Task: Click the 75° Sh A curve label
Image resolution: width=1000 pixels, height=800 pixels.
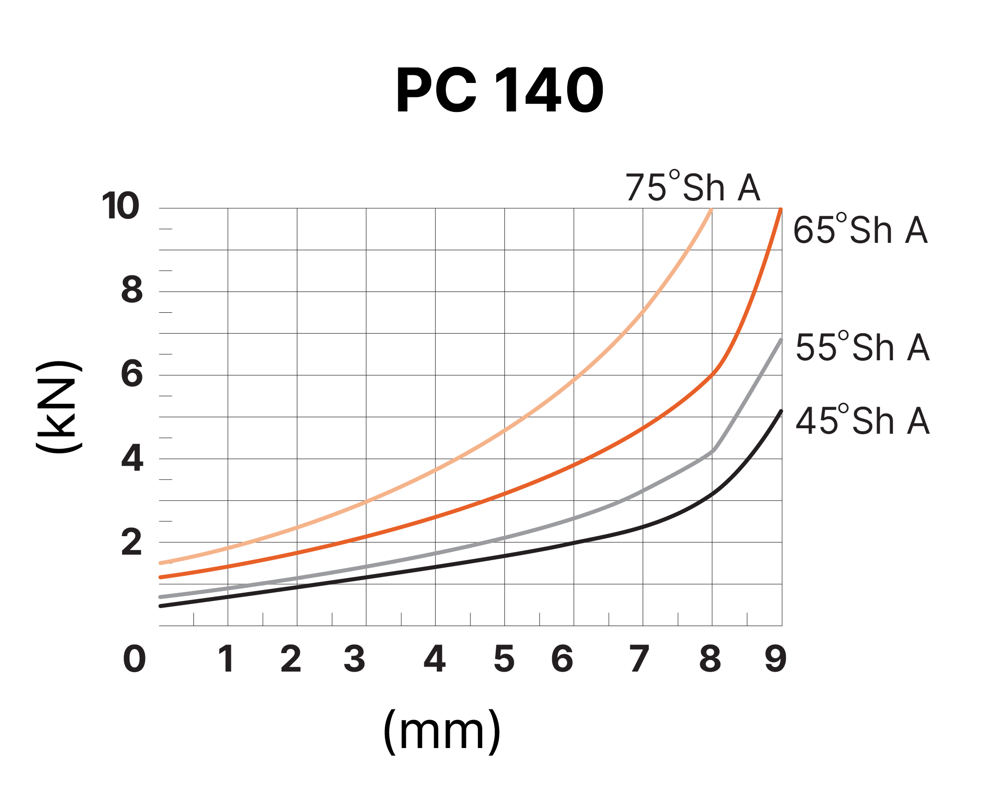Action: tap(692, 187)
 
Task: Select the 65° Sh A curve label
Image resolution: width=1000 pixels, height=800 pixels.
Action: tap(860, 230)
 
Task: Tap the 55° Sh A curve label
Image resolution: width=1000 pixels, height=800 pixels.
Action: tap(862, 347)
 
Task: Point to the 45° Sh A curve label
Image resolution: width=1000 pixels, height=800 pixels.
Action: tap(862, 421)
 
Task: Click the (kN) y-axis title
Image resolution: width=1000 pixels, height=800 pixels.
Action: tap(59, 407)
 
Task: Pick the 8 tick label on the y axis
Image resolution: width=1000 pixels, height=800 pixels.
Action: tap(132, 290)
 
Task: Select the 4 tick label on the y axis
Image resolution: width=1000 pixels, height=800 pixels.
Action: tap(132, 458)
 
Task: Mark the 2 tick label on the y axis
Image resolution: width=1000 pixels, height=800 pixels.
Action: tap(132, 543)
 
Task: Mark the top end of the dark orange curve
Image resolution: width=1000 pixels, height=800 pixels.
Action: tap(781, 210)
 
